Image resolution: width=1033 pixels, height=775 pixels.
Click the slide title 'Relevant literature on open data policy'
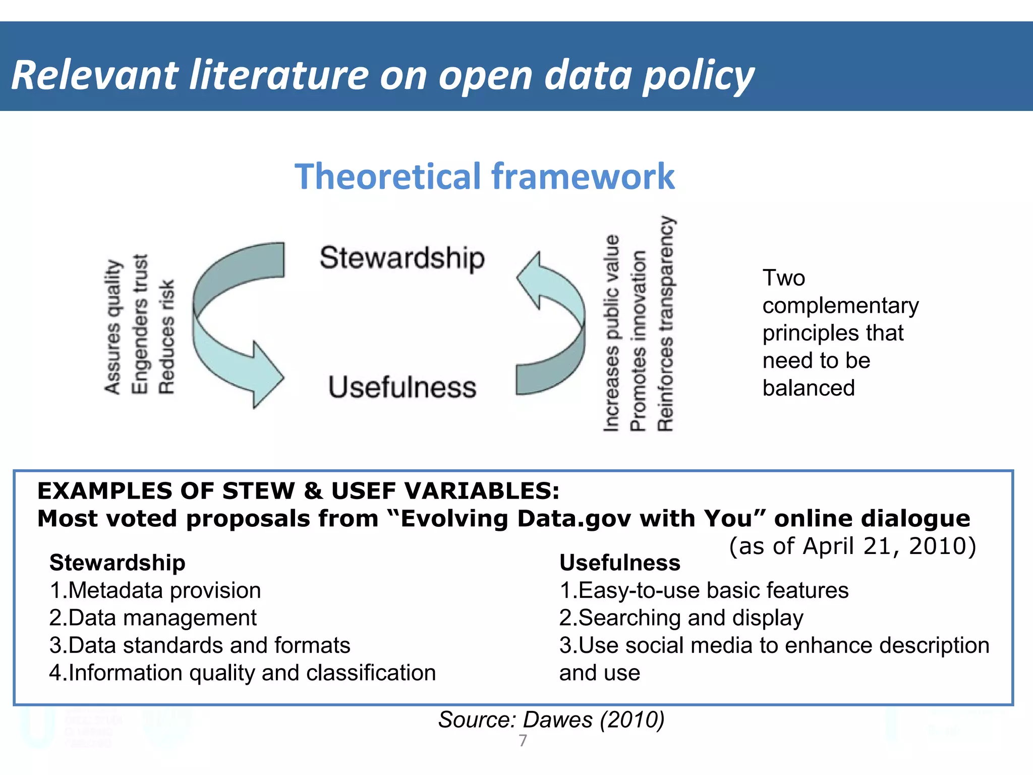pyautogui.click(x=382, y=76)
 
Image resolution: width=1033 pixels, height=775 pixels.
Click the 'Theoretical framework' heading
pyautogui.click(x=484, y=177)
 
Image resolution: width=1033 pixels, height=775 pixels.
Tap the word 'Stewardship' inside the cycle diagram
pyautogui.click(x=402, y=258)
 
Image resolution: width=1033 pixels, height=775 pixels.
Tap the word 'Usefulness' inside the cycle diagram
pyautogui.click(x=402, y=387)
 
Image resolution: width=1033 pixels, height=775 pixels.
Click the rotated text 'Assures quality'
pyautogui.click(x=113, y=327)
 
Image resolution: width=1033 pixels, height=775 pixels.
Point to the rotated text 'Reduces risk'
pyautogui.click(x=167, y=337)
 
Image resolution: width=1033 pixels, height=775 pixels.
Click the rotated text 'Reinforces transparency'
pyautogui.click(x=665, y=323)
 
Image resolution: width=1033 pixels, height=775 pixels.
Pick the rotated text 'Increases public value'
pyautogui.click(x=611, y=333)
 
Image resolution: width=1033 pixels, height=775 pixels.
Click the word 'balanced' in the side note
pyautogui.click(x=808, y=388)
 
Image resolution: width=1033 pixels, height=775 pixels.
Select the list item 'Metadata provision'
pyautogui.click(x=155, y=590)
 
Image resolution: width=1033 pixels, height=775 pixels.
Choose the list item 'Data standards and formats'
pyautogui.click(x=200, y=645)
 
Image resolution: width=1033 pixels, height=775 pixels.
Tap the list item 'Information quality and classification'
pyautogui.click(x=243, y=673)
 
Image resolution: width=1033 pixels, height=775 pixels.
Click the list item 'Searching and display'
pyautogui.click(x=681, y=618)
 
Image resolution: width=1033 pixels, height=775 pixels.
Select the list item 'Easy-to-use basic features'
pyautogui.click(x=704, y=590)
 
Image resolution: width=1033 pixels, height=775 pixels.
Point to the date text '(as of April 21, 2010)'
pyautogui.click(x=852, y=546)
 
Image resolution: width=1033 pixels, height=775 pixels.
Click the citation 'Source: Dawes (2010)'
pyautogui.click(x=551, y=719)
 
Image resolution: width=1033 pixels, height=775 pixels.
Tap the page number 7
pyautogui.click(x=523, y=741)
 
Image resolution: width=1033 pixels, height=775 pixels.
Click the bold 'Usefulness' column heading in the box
pyautogui.click(x=619, y=563)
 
